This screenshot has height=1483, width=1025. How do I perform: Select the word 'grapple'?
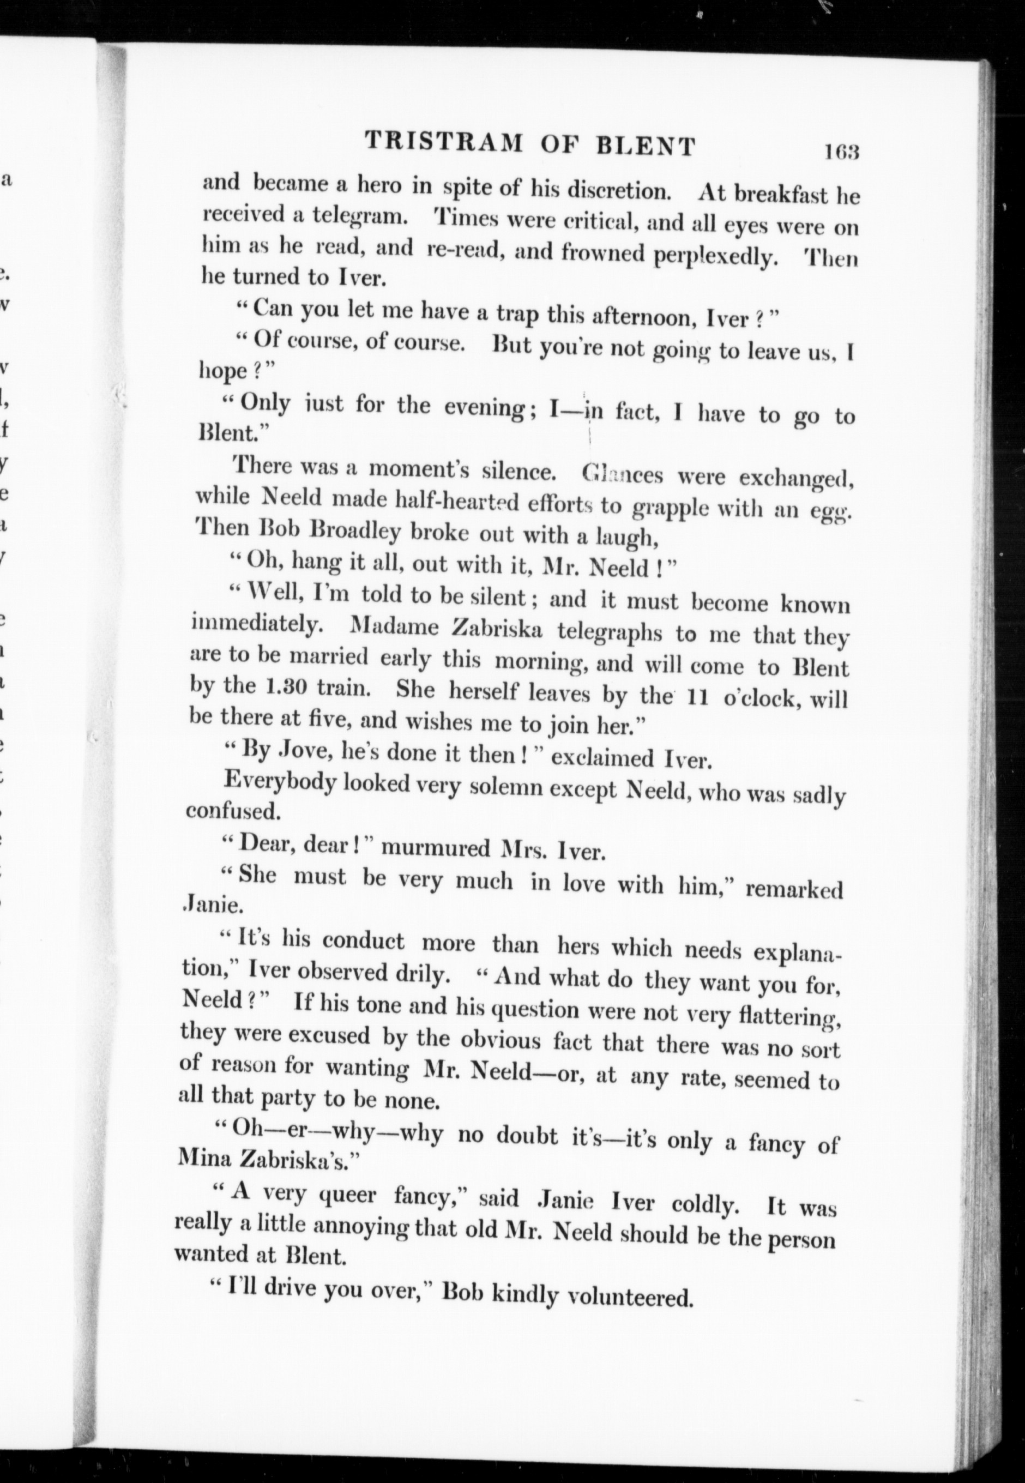click(669, 508)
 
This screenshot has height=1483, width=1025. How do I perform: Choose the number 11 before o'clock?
click(697, 697)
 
